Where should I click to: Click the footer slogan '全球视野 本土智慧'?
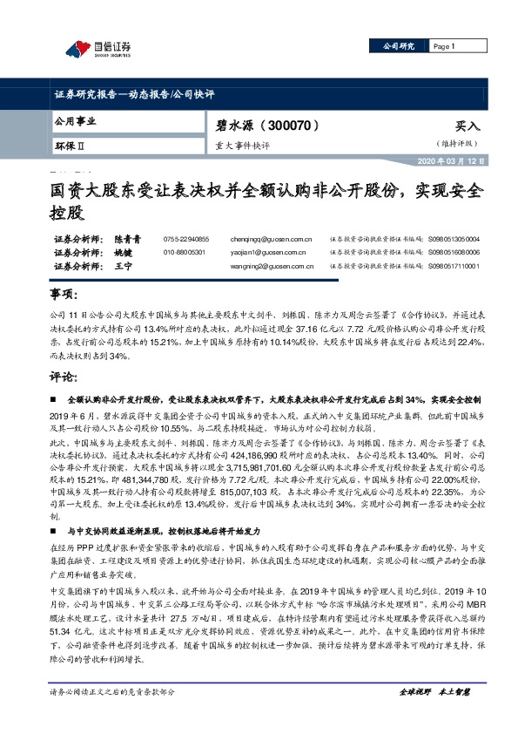click(x=434, y=717)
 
